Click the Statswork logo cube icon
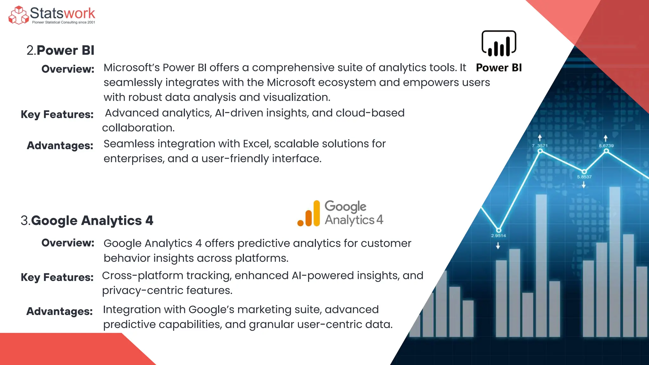pyautogui.click(x=18, y=15)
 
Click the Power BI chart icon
pyautogui.click(x=499, y=44)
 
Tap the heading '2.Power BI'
pyautogui.click(x=60, y=50)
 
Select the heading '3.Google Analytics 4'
pyautogui.click(x=87, y=221)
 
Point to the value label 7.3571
pyautogui.click(x=540, y=146)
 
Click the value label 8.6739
pyautogui.click(x=606, y=146)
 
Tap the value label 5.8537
pyautogui.click(x=584, y=177)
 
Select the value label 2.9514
pyautogui.click(x=498, y=236)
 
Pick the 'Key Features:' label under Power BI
pyautogui.click(x=57, y=114)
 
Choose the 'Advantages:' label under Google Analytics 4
pyautogui.click(x=60, y=311)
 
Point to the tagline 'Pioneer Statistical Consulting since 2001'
pyautogui.click(x=63, y=22)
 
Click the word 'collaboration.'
pyautogui.click(x=138, y=128)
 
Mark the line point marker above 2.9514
pyautogui.click(x=498, y=230)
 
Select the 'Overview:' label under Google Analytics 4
pyautogui.click(x=68, y=243)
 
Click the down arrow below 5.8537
pyautogui.click(x=584, y=185)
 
